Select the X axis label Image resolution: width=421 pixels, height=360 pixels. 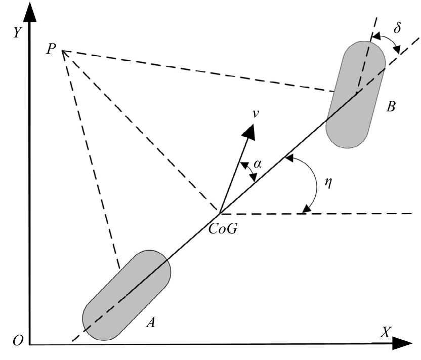click(387, 332)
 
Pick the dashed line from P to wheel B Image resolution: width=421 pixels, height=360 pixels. click(197, 71)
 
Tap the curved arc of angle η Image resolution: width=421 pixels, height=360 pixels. click(316, 185)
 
